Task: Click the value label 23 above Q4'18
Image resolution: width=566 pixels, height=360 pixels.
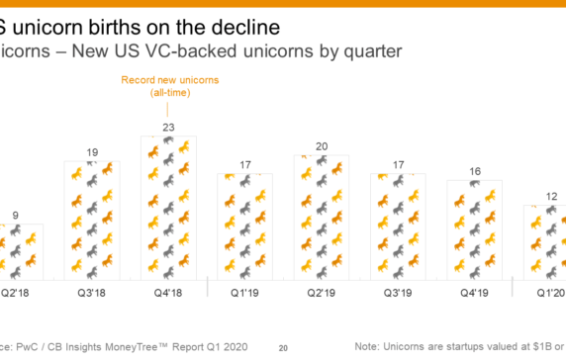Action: (x=169, y=127)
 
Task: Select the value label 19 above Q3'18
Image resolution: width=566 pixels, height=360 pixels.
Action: (x=92, y=152)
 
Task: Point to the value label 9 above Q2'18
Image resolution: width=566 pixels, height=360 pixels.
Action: (x=14, y=215)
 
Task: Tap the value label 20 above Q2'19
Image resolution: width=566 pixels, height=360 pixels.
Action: (x=322, y=146)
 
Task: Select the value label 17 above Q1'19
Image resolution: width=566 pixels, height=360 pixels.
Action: (x=245, y=164)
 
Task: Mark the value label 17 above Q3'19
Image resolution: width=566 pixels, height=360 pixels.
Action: (x=398, y=164)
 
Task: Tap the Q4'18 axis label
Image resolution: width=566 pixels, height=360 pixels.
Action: (x=169, y=293)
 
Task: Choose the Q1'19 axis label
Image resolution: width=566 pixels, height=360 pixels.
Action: (x=245, y=293)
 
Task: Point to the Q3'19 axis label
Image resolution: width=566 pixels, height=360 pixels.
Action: (x=398, y=293)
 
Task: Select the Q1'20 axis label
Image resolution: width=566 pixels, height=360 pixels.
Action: (x=550, y=293)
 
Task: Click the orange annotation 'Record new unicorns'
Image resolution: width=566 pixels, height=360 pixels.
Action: (x=169, y=79)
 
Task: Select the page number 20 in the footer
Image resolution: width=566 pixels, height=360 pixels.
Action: (x=282, y=347)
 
